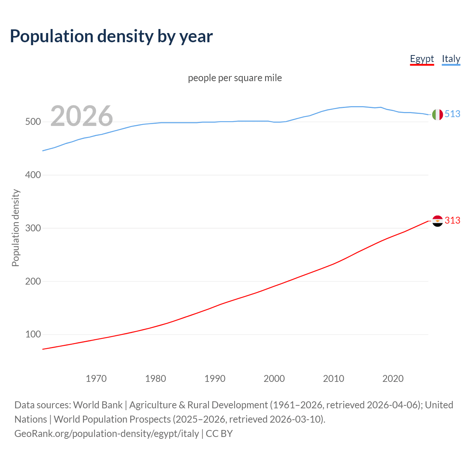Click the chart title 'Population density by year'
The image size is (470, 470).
[x=111, y=36]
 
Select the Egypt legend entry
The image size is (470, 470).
[x=422, y=59]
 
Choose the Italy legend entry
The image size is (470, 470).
[x=451, y=59]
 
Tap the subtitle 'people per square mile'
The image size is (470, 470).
[x=235, y=78]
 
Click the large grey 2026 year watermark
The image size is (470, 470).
[x=82, y=116]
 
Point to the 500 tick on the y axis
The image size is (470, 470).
[x=33, y=122]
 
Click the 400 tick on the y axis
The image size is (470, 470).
[x=33, y=175]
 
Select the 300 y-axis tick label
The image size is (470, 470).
[x=33, y=228]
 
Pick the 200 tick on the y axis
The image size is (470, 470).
[x=33, y=282]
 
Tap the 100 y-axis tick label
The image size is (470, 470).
[x=33, y=335]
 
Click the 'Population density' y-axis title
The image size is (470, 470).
[x=15, y=228]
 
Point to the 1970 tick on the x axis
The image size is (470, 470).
[x=96, y=379]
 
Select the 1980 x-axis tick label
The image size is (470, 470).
[x=156, y=379]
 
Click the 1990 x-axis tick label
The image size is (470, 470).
[x=215, y=379]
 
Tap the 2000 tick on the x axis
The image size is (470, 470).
[x=274, y=379]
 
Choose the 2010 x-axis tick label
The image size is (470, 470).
[x=333, y=379]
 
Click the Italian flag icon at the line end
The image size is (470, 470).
[x=437, y=115]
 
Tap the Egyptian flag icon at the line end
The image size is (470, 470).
[x=437, y=221]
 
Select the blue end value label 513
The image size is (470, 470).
[x=452, y=114]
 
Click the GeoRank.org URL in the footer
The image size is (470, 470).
[x=107, y=434]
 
